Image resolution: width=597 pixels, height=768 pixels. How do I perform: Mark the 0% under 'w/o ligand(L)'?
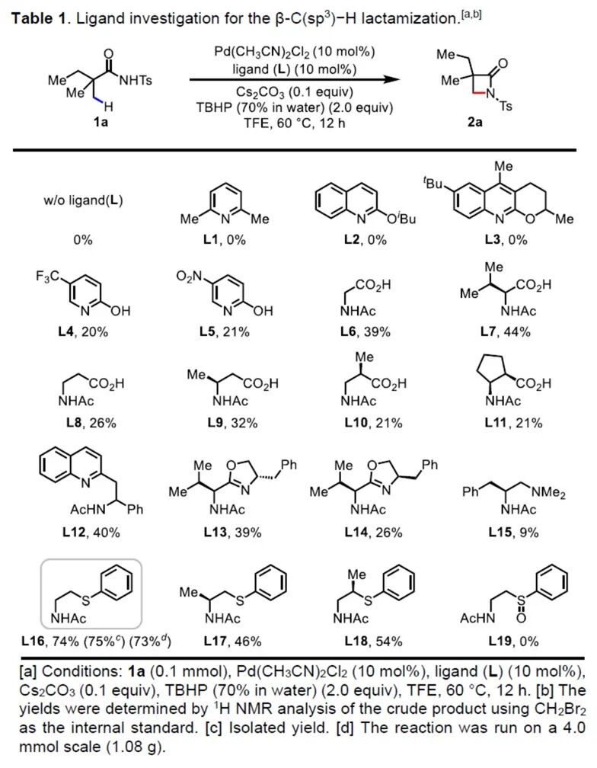[83, 240]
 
